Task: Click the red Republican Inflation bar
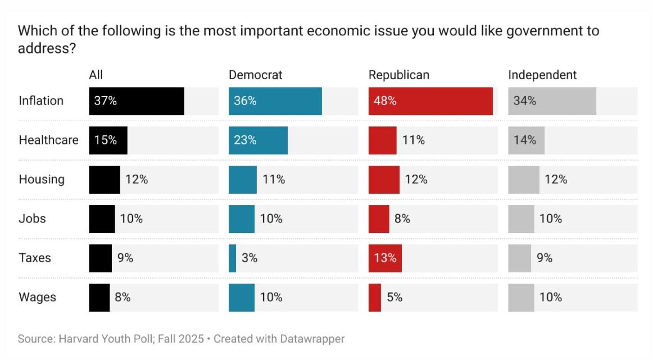pyautogui.click(x=430, y=101)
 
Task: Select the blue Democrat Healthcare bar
pyautogui.click(x=258, y=140)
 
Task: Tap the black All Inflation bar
pyautogui.click(x=137, y=101)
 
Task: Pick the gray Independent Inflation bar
pyautogui.click(x=552, y=101)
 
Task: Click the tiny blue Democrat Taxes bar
pyautogui.click(x=232, y=258)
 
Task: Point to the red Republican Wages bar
pyautogui.click(x=375, y=298)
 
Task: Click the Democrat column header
pyautogui.click(x=255, y=75)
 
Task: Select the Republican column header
pyautogui.click(x=398, y=75)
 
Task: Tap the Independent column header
pyautogui.click(x=542, y=75)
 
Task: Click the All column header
pyautogui.click(x=96, y=75)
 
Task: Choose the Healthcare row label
pyautogui.click(x=48, y=140)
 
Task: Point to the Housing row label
pyautogui.click(x=42, y=180)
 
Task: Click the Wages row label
pyautogui.click(x=38, y=298)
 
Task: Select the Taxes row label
pyautogui.click(x=35, y=258)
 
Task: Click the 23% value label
pyautogui.click(x=246, y=140)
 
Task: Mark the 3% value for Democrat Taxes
pyautogui.click(x=250, y=258)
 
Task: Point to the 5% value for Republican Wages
pyautogui.click(x=394, y=298)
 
